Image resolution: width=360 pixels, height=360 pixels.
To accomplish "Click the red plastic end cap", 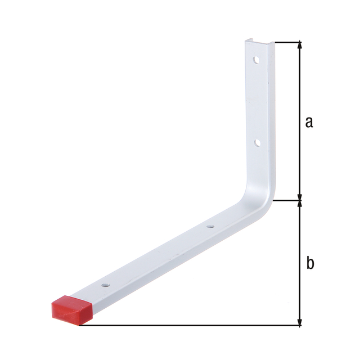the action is pos(72,310).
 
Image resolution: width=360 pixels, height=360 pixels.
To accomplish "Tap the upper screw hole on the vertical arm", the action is pos(256,60).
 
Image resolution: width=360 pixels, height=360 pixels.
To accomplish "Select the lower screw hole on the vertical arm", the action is pos(257,142).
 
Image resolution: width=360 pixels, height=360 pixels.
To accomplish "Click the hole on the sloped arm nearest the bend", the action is pos(210,227).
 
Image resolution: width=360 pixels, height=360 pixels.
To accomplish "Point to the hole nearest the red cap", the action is pos(105,285).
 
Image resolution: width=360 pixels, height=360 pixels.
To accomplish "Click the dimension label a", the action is pos(309,122).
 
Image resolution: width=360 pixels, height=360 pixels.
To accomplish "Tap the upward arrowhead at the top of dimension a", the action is pos(300,45).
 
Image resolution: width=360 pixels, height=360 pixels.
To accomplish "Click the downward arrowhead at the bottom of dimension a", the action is pos(300,197).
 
